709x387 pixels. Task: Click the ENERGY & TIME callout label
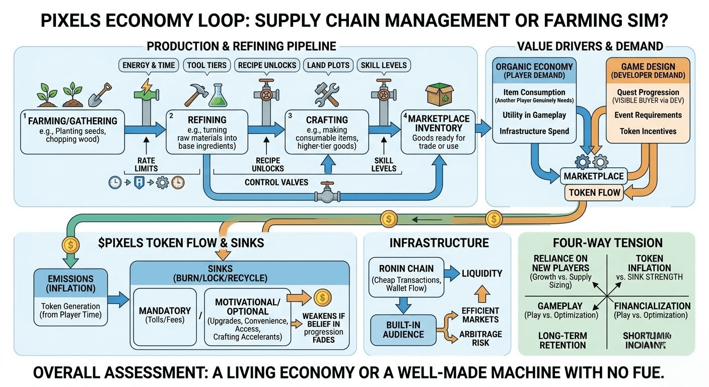tap(148, 65)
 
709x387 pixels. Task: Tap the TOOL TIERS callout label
tap(206, 65)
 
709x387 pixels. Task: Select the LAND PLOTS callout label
tap(328, 65)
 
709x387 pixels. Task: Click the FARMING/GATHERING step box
tap(73, 132)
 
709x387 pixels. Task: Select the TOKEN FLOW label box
tap(595, 192)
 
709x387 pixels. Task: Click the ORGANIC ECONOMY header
tap(534, 71)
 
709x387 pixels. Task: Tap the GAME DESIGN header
tap(648, 71)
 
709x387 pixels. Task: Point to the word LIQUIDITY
tap(482, 274)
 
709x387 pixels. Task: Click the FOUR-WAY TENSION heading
tap(607, 243)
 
